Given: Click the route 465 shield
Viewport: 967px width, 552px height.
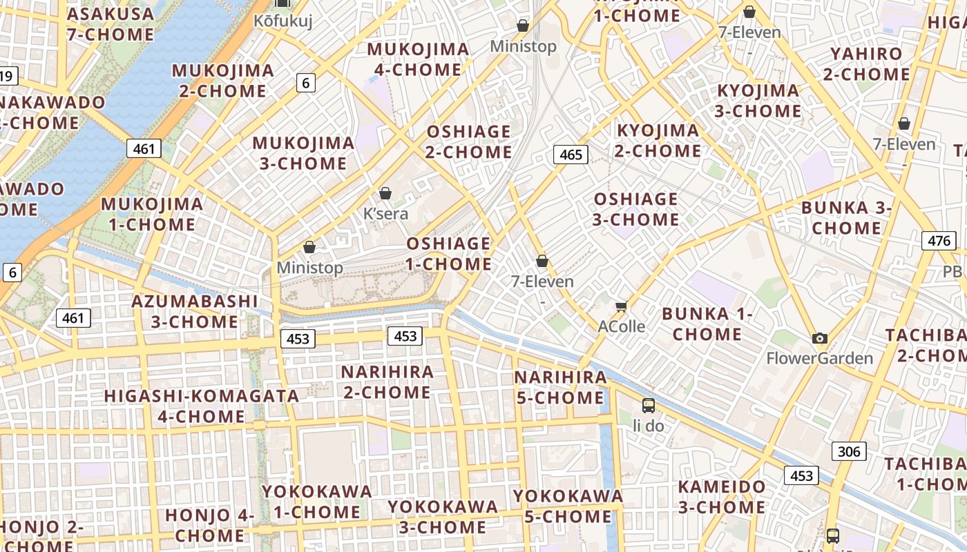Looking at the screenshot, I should tap(571, 155).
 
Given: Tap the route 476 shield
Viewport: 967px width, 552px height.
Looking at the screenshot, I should tap(939, 241).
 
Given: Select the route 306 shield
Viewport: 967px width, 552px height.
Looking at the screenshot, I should tap(848, 451).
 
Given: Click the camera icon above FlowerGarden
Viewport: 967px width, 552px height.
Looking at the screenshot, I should tap(820, 338).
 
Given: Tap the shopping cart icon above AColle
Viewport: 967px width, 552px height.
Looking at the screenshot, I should tap(621, 306).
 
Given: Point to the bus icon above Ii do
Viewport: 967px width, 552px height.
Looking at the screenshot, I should tap(648, 405).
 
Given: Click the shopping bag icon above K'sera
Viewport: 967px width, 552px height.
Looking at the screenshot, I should tap(385, 193).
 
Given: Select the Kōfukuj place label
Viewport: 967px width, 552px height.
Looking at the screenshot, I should tap(283, 21).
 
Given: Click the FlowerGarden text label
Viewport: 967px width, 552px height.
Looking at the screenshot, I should tap(820, 358).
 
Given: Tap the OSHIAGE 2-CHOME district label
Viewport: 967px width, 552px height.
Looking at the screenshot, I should tap(469, 141).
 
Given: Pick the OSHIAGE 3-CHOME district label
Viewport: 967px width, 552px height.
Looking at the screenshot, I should tap(636, 209).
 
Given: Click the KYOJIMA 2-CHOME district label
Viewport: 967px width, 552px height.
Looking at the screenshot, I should tap(658, 140).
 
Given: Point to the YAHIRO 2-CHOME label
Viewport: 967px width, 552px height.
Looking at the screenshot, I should tap(866, 63).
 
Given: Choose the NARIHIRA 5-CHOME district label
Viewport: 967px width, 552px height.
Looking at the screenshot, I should tap(560, 387).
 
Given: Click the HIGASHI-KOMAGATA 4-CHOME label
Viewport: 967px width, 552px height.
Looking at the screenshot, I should tap(201, 406).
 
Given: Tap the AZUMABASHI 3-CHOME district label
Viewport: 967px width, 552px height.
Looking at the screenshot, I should tap(195, 311).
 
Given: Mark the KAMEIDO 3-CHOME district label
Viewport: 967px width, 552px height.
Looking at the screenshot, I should tap(721, 497).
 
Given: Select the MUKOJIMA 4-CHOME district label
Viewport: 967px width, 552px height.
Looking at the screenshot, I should tap(418, 59).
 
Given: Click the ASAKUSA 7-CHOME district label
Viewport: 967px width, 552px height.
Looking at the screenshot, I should tap(111, 23).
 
